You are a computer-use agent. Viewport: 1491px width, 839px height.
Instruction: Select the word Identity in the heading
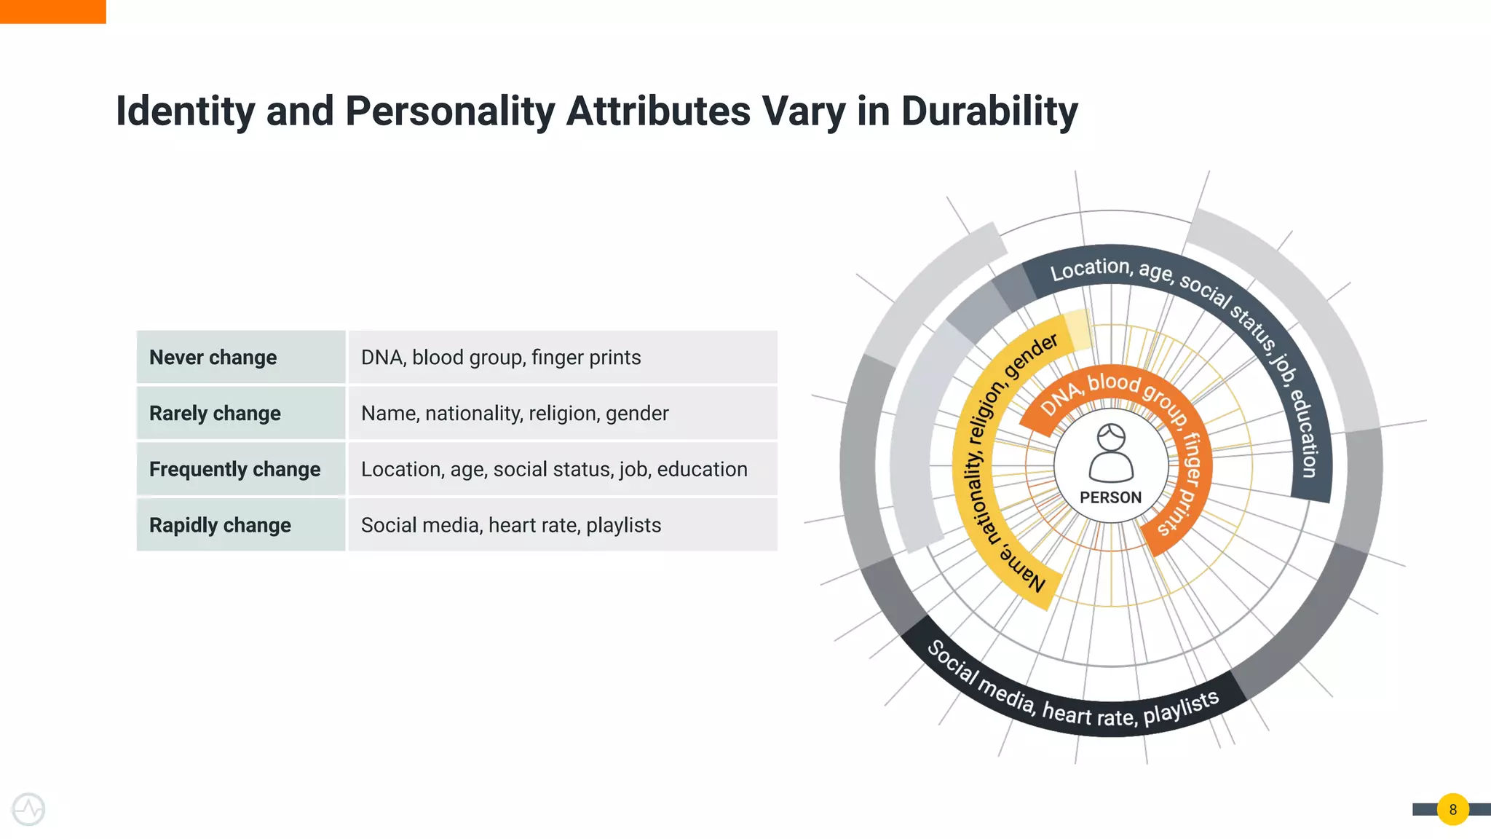tap(185, 111)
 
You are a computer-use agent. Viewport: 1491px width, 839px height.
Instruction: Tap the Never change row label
tap(213, 358)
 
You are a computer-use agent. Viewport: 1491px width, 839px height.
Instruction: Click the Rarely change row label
tap(215, 414)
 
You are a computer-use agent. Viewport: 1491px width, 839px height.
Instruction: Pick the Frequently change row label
tap(234, 470)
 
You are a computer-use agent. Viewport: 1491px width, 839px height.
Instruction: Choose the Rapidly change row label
tap(220, 525)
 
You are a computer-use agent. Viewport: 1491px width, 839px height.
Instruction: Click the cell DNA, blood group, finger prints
tap(501, 358)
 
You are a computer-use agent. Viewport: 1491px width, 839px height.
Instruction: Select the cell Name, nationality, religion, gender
tap(515, 414)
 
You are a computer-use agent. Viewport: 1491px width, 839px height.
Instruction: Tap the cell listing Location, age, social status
tap(554, 470)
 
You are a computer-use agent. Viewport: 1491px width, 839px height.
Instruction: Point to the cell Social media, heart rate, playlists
tap(511, 525)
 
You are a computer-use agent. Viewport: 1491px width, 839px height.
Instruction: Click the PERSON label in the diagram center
tap(1110, 497)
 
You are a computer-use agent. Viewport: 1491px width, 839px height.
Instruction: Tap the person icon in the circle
tap(1111, 453)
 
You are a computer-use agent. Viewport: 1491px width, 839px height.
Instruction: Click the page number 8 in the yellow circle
tap(1452, 809)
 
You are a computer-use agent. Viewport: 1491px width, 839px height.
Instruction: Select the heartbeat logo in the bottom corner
tap(28, 809)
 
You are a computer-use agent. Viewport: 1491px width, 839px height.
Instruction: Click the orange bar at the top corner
tap(52, 11)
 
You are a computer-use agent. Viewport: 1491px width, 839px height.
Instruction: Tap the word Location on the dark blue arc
tap(1089, 269)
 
